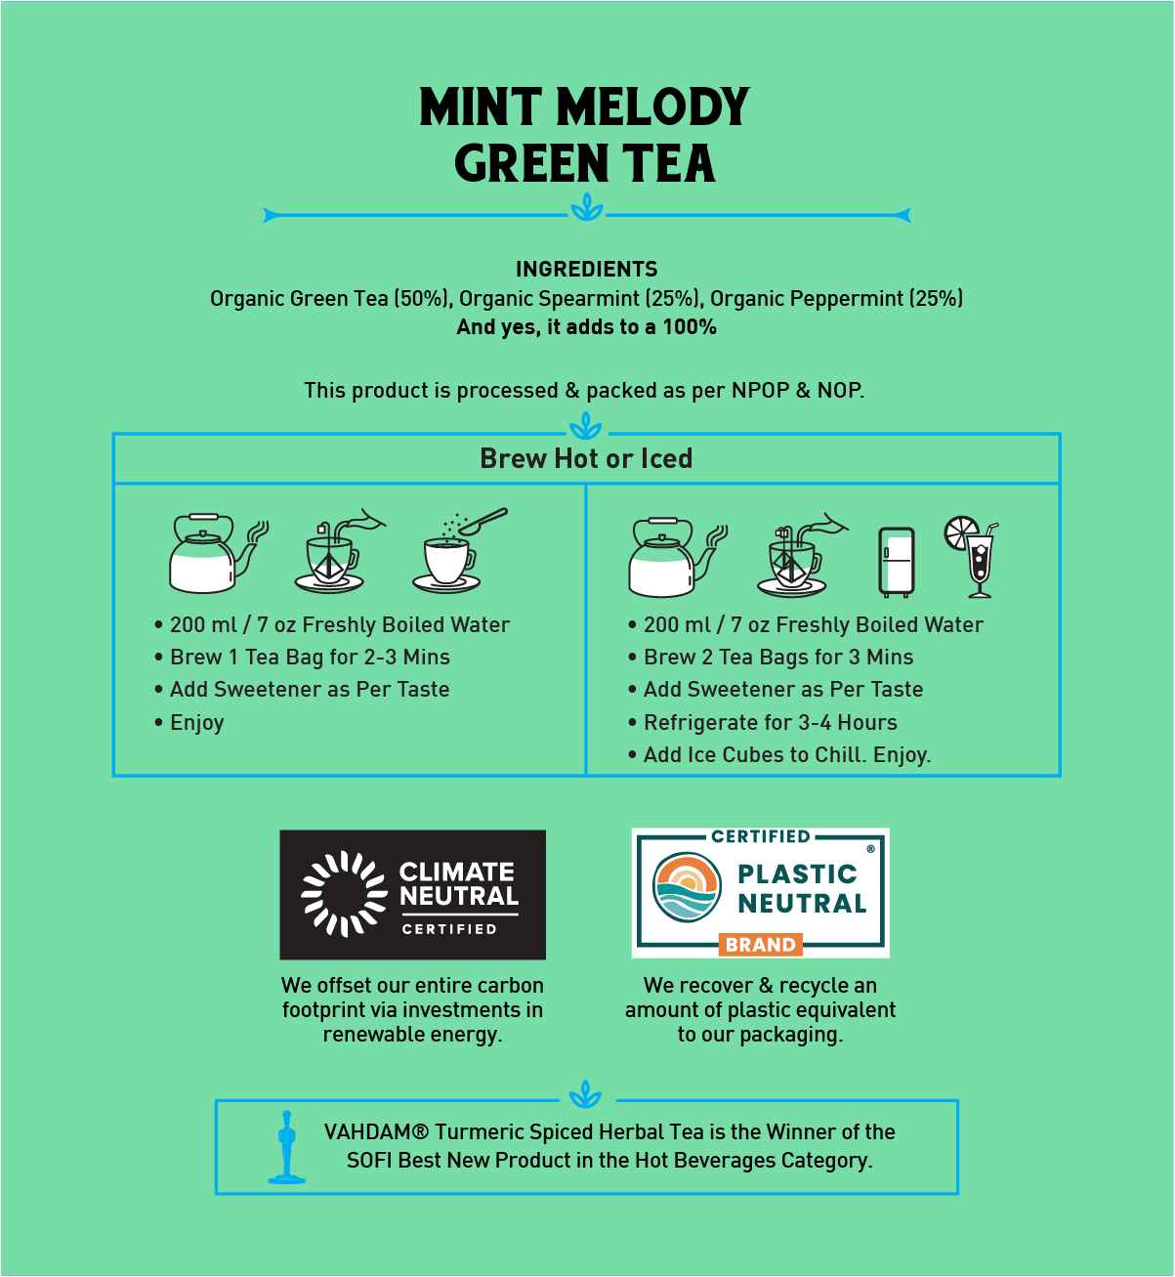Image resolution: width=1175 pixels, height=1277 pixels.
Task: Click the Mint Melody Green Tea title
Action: tap(585, 135)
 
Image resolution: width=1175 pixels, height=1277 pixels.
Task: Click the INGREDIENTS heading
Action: tap(586, 269)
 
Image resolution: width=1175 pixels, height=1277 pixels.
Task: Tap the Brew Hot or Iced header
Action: tap(586, 458)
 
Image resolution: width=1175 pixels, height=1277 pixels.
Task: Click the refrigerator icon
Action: tap(896, 562)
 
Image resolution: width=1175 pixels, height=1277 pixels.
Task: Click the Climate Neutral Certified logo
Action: tap(412, 894)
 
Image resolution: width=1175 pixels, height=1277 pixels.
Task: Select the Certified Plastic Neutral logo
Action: tap(760, 892)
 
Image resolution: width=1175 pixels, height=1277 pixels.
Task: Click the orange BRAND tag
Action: tap(760, 945)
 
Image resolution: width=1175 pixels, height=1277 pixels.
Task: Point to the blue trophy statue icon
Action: tap(286, 1146)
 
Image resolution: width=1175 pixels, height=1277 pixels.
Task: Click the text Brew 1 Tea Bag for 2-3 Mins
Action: tap(310, 657)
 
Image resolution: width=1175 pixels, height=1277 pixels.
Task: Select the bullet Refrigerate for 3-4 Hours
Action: tap(770, 722)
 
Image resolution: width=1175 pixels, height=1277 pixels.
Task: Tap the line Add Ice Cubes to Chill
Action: tap(786, 754)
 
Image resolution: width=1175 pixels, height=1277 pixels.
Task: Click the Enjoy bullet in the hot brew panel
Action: tap(196, 722)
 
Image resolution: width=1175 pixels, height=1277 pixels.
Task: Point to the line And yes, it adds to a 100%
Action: tap(586, 326)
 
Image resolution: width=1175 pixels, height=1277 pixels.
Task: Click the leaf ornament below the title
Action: tap(586, 208)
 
